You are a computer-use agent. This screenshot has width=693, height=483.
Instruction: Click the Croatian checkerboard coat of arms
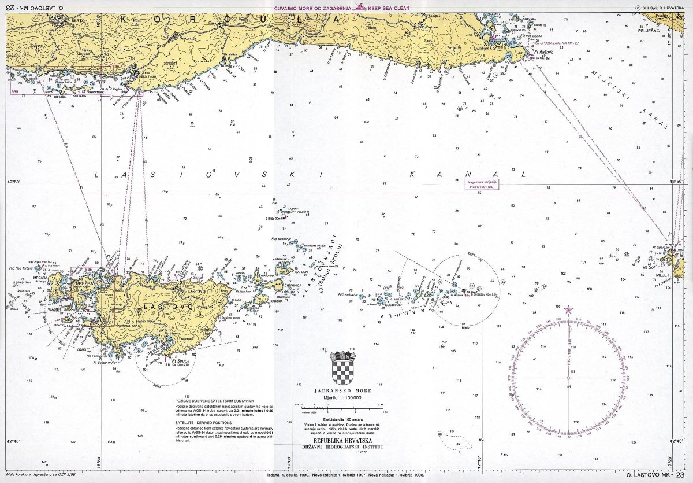[343, 368]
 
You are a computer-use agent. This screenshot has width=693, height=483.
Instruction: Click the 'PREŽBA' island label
[83, 284]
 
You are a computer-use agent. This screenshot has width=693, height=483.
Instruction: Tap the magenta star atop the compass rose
[569, 310]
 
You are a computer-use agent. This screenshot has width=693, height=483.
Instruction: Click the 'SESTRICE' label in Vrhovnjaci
[394, 305]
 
